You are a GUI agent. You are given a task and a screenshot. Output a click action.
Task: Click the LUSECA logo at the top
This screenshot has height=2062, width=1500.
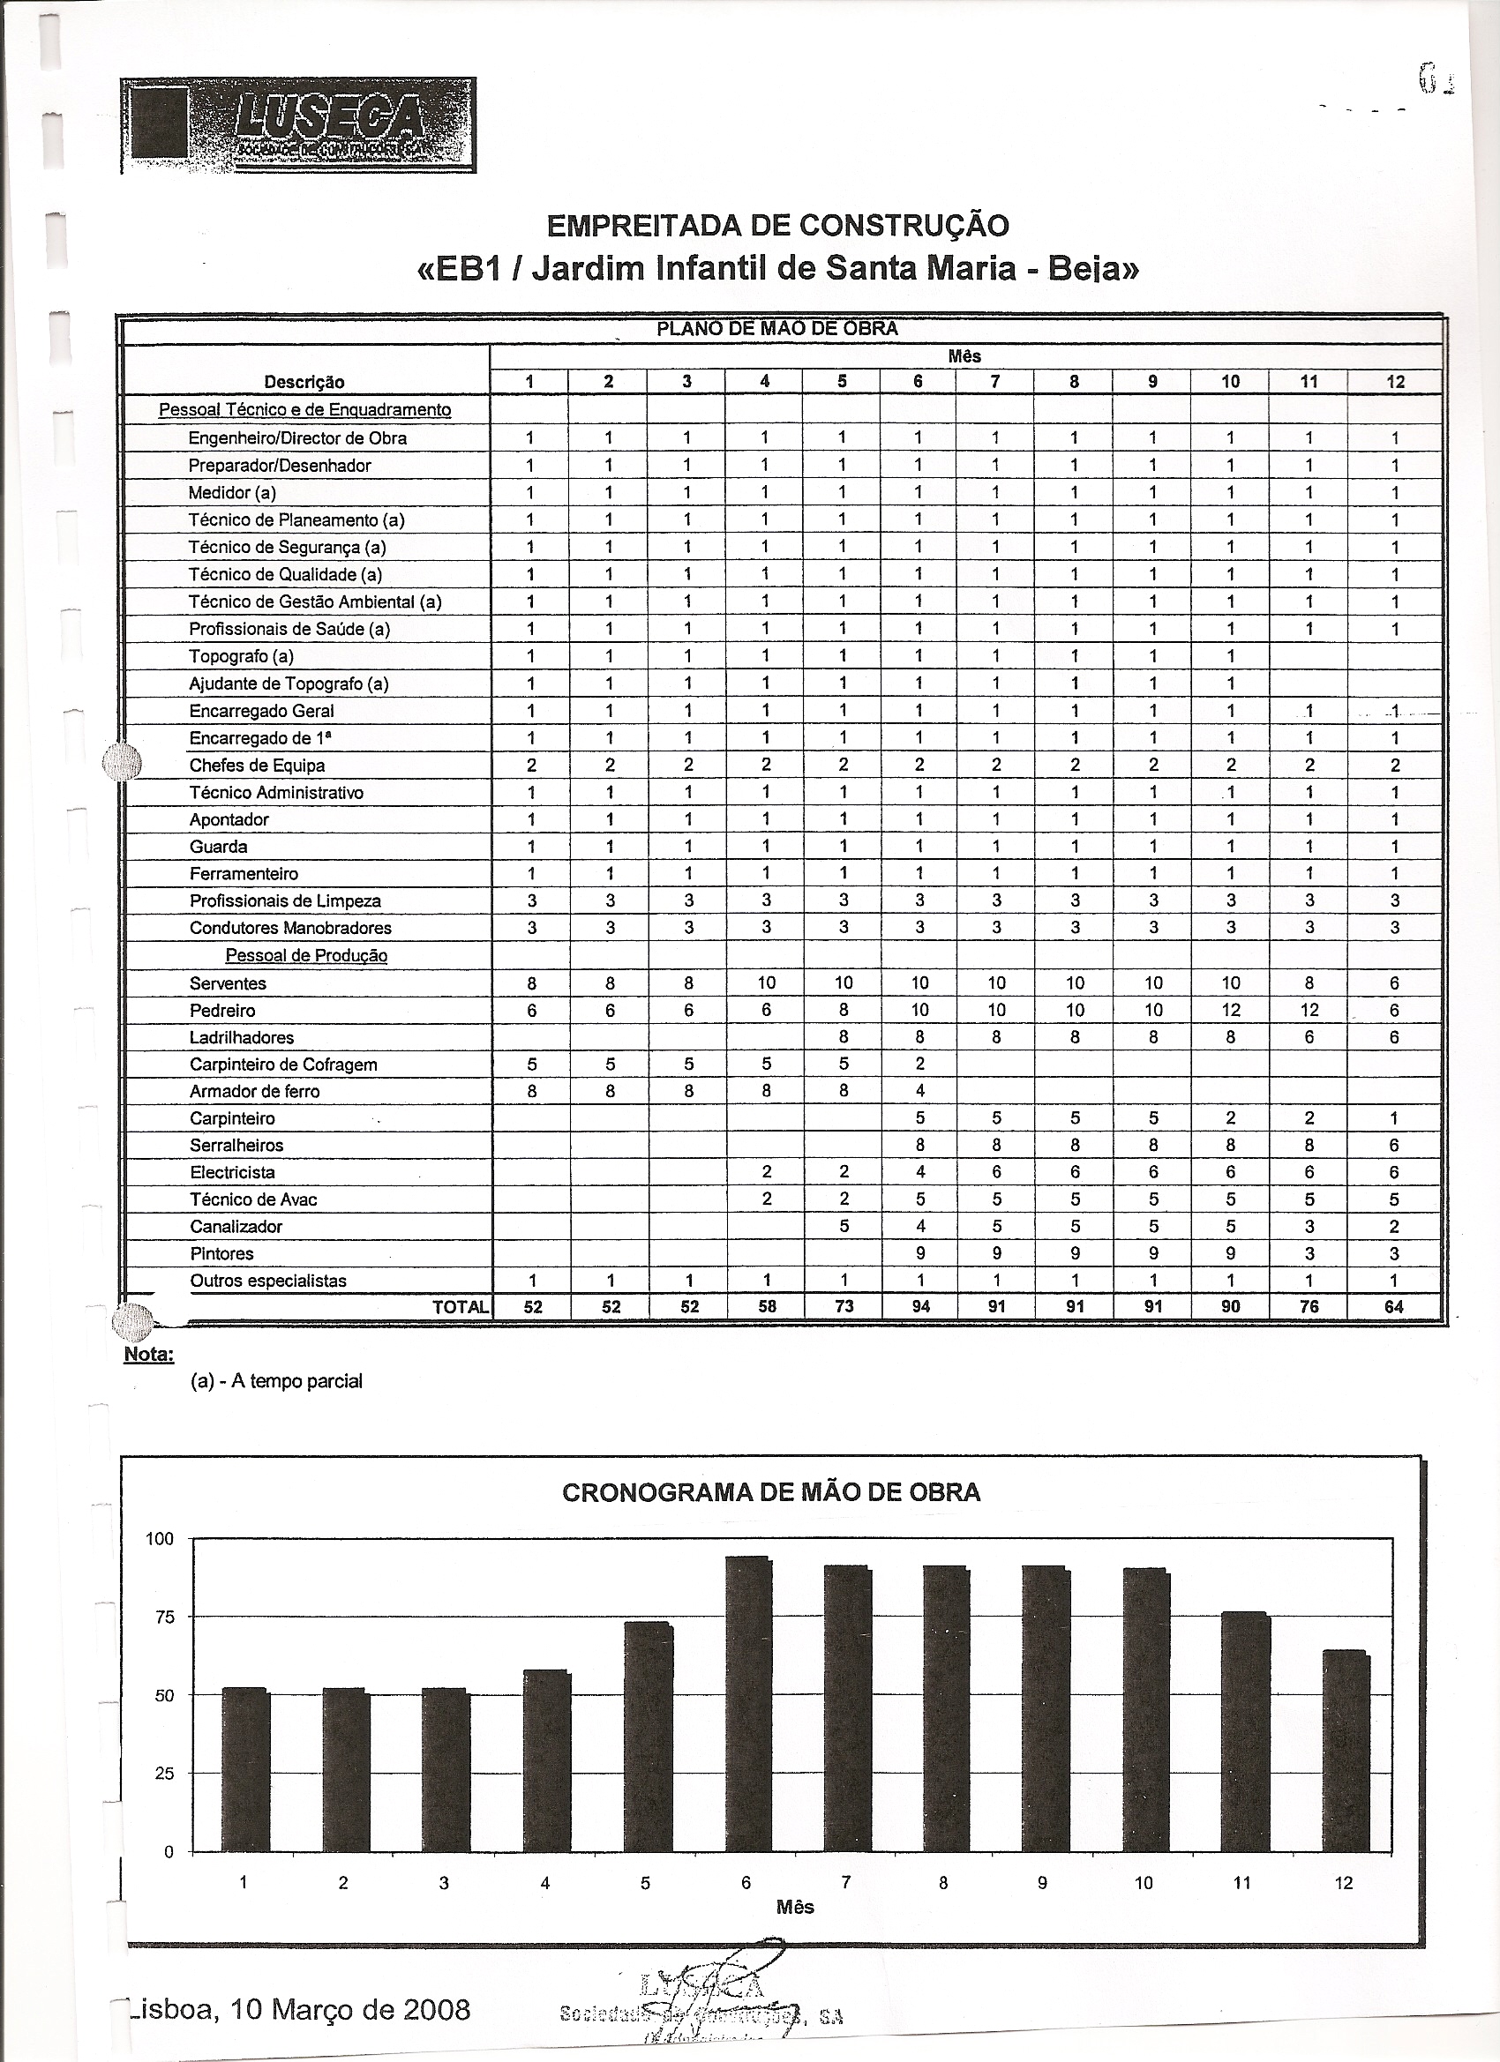[x=298, y=124]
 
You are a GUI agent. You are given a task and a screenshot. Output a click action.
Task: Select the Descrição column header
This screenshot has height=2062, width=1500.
[x=304, y=382]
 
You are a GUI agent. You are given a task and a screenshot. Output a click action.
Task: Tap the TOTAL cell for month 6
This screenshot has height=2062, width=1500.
[x=919, y=1306]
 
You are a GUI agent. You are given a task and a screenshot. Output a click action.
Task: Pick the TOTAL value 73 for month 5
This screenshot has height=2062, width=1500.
[x=844, y=1306]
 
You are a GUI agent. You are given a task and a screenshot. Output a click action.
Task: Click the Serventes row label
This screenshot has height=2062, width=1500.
[x=228, y=982]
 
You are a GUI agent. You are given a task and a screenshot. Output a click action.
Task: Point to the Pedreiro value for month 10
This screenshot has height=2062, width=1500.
[x=1230, y=1010]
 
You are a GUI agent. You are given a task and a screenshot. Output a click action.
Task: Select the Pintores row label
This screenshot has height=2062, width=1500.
[x=221, y=1254]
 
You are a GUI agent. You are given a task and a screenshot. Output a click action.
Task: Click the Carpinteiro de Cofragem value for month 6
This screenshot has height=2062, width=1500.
[x=919, y=1064]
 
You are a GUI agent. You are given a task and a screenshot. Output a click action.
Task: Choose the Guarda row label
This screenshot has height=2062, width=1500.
[x=218, y=847]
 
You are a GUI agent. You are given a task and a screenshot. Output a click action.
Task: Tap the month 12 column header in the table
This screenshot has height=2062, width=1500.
[x=1395, y=382]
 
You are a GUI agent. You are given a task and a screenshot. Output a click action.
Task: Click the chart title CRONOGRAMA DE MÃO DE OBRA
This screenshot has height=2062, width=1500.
[x=771, y=1493]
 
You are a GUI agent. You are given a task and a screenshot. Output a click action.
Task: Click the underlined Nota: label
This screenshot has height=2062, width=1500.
[x=148, y=1354]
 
